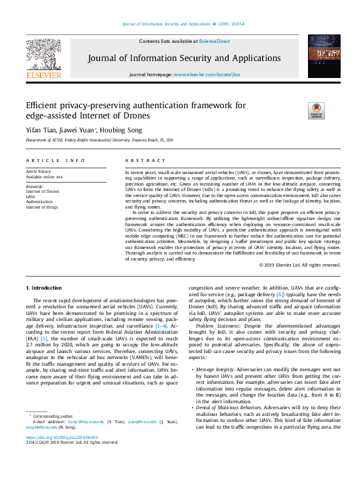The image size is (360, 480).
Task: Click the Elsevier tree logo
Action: (x=43, y=55)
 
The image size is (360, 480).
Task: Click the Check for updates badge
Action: (x=316, y=110)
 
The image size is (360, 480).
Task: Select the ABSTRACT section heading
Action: (x=145, y=161)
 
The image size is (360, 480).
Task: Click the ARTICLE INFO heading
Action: (x=55, y=161)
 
